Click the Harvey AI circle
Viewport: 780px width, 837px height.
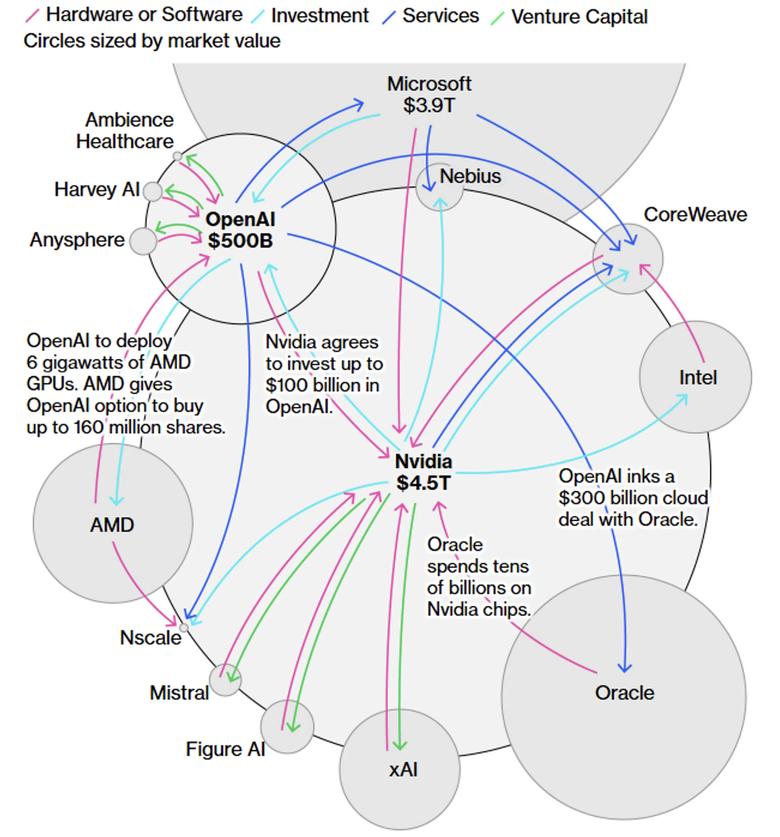coord(152,192)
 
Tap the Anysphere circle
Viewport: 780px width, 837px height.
coord(143,241)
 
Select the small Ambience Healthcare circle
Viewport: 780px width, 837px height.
coord(177,157)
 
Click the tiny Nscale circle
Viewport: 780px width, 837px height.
coord(184,628)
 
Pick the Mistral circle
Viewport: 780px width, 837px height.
coord(225,680)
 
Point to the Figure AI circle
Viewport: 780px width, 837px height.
coord(287,727)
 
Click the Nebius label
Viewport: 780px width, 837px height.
coord(470,176)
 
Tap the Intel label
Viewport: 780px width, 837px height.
coord(697,378)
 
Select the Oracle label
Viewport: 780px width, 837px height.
coord(624,693)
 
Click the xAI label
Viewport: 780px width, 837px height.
coord(403,770)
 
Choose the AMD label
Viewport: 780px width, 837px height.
coord(112,525)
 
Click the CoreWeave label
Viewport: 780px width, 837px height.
coord(695,215)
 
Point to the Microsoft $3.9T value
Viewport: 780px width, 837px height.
coord(429,105)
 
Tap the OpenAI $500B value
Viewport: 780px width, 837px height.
coord(241,241)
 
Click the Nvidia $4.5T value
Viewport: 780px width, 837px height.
coord(423,483)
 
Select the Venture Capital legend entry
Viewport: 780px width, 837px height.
coord(579,17)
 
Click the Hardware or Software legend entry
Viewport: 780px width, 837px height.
coord(144,15)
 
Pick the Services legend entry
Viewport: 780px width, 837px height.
coord(440,16)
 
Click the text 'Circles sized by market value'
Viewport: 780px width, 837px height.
coord(152,41)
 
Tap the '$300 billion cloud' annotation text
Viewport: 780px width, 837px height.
coord(632,498)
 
